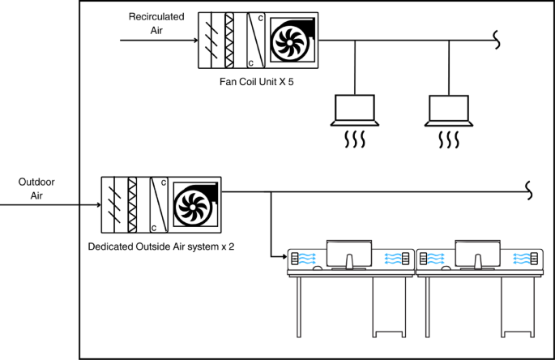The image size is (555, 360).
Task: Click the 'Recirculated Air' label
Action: pos(156,24)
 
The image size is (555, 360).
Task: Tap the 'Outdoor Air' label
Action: pos(36,189)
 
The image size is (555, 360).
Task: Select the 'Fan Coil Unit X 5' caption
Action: pos(255,81)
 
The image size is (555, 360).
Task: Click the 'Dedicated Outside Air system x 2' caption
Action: pos(161,243)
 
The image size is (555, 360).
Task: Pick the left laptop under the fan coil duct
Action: pos(356,111)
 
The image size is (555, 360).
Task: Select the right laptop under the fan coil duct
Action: pos(448,111)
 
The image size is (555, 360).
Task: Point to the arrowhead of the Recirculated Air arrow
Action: pos(193,39)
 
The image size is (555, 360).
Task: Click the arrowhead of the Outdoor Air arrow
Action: pos(96,205)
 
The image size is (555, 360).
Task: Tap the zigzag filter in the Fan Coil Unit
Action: pos(229,41)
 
